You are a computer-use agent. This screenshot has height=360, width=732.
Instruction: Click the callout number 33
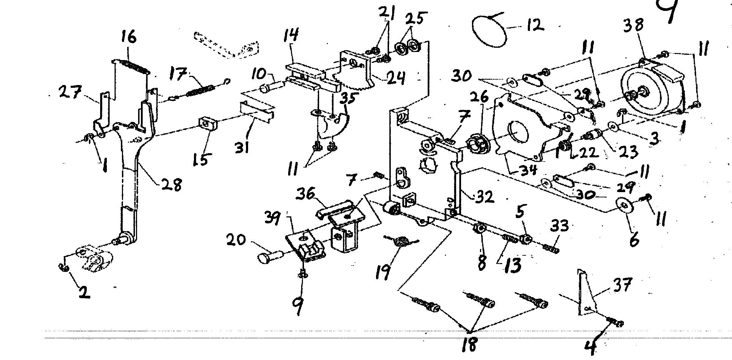click(x=559, y=226)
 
